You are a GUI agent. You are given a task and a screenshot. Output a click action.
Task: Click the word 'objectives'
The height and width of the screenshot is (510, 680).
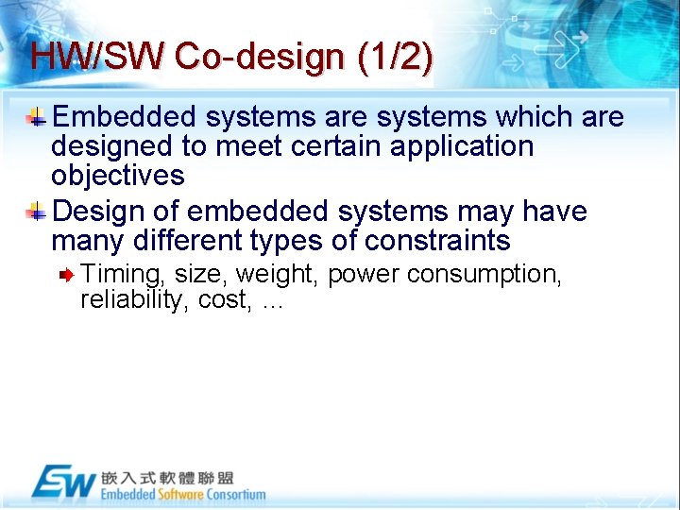pos(117,176)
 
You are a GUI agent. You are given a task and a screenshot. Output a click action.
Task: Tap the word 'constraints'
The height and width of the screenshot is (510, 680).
pos(437,241)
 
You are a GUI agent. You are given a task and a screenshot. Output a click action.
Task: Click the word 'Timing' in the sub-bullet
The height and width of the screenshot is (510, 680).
pos(120,274)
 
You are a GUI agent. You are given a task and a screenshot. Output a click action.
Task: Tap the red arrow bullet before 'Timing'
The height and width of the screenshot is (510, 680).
pos(68,275)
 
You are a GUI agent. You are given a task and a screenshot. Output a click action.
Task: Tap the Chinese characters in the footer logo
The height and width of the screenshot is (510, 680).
pos(167,477)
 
